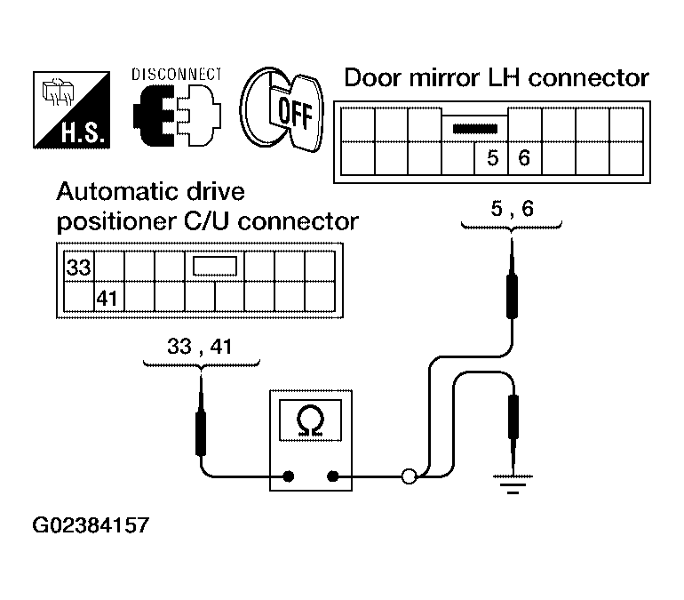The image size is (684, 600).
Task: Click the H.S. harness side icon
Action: click(x=72, y=110)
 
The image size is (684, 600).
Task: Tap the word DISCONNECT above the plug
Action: click(x=177, y=75)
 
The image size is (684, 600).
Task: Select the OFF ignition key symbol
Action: click(x=282, y=109)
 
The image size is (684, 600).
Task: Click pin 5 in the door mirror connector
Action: click(x=492, y=158)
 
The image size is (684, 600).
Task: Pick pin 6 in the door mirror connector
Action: click(x=524, y=158)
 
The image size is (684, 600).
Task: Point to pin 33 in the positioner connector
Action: click(x=78, y=267)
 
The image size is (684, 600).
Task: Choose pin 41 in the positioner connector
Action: click(x=107, y=299)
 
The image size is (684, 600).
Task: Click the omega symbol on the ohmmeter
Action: click(x=310, y=420)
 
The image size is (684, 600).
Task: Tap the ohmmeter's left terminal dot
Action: click(x=288, y=476)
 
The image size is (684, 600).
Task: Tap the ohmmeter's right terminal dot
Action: click(x=333, y=476)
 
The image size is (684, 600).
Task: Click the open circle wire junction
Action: click(x=410, y=476)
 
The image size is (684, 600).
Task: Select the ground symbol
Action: click(x=513, y=484)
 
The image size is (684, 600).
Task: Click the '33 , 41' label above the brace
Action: click(x=200, y=347)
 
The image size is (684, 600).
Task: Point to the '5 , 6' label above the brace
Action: click(x=513, y=209)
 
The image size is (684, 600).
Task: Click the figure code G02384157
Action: click(x=91, y=525)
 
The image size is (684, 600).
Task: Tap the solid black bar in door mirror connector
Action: click(x=475, y=129)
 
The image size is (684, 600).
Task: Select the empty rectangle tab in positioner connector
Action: click(x=215, y=266)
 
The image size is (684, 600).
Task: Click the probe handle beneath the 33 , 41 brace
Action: click(x=201, y=433)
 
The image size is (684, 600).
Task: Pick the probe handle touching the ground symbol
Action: click(x=513, y=416)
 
